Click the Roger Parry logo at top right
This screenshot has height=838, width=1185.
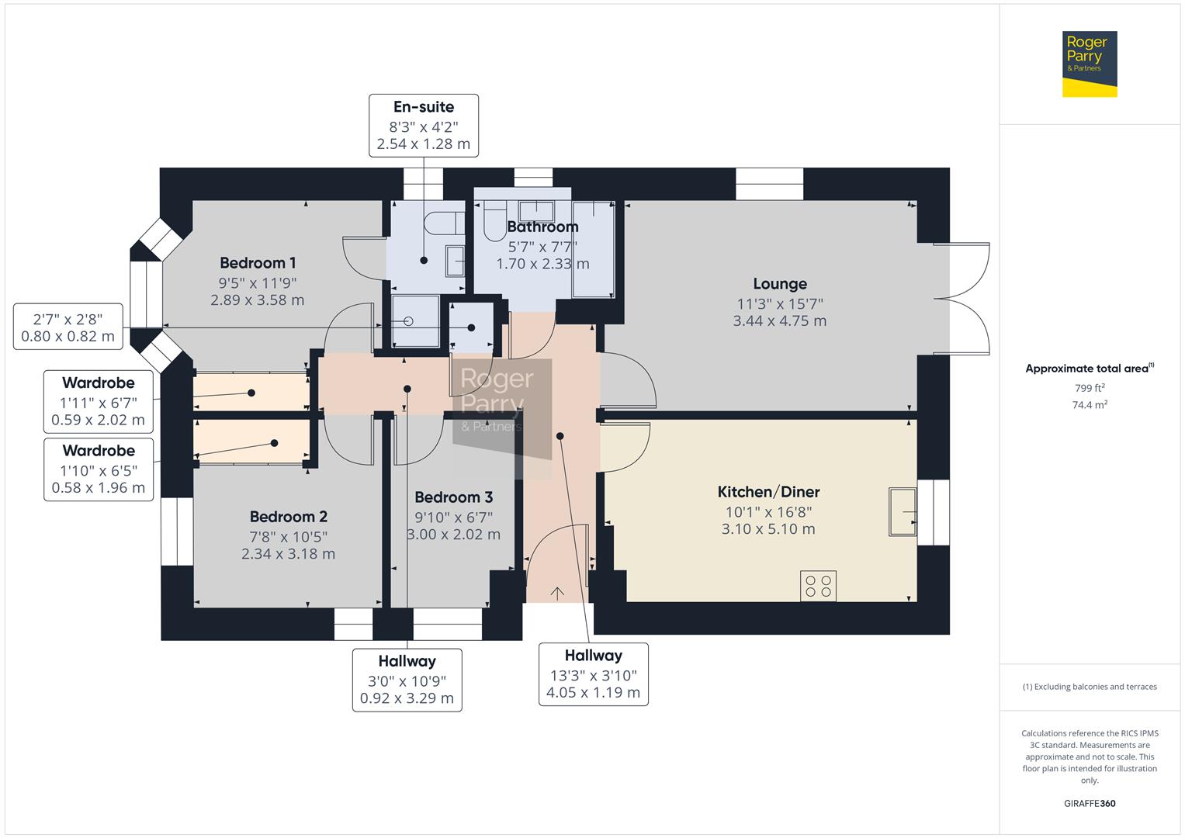(x=1089, y=64)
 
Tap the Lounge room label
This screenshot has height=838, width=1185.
(x=779, y=284)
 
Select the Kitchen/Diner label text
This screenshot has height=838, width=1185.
(x=767, y=492)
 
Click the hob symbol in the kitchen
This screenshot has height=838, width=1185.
(x=818, y=585)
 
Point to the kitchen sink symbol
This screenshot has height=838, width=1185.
(x=902, y=511)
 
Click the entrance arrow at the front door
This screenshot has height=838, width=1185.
(x=557, y=594)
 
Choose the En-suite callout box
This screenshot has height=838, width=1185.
(x=423, y=126)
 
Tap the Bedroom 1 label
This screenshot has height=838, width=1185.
(x=257, y=263)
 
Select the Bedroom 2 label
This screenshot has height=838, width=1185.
(x=288, y=517)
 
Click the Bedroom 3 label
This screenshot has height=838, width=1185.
(x=453, y=497)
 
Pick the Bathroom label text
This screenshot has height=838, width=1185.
(x=542, y=227)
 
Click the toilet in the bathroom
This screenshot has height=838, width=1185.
(x=494, y=220)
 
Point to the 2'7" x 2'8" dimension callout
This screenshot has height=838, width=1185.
(x=68, y=327)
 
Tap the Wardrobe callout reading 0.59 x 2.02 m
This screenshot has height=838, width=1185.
(x=98, y=402)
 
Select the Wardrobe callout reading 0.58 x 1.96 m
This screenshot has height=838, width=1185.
(x=98, y=469)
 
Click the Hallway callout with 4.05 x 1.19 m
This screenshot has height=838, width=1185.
(x=593, y=674)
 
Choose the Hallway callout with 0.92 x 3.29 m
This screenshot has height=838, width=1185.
(x=407, y=680)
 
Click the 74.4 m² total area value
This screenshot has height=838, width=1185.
(x=1089, y=405)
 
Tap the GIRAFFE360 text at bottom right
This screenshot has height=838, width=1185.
(x=1089, y=803)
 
